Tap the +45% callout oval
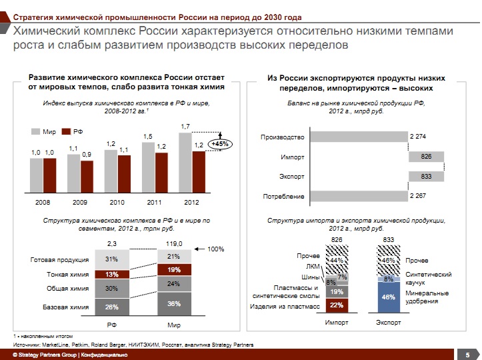219,144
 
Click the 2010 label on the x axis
117,201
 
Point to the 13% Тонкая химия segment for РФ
111,274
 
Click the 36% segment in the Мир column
174,303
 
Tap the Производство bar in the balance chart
359,137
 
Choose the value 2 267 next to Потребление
419,196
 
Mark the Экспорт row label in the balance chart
291,177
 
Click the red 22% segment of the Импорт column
337,305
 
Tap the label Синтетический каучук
428,279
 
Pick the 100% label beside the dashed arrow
215,249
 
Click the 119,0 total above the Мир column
174,243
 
